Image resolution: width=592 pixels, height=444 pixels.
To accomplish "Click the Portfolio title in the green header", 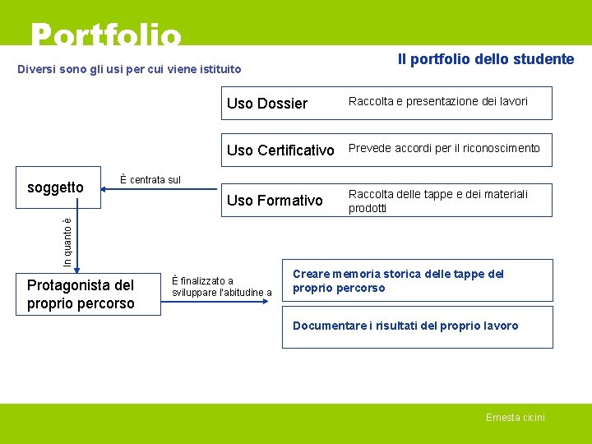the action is pyautogui.click(x=105, y=35).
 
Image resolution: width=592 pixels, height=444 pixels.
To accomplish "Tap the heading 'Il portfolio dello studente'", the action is pyautogui.click(x=485, y=59).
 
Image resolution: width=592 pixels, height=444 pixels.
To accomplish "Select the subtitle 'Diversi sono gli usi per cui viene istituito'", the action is pyautogui.click(x=130, y=69).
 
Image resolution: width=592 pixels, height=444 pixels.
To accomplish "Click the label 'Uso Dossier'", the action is pyautogui.click(x=266, y=104).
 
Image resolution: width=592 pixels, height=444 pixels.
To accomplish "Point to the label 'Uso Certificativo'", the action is pyautogui.click(x=280, y=150).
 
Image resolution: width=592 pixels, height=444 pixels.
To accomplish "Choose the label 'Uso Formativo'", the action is pyautogui.click(x=275, y=200).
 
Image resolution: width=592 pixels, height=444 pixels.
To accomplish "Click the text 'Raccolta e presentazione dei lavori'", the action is pyautogui.click(x=438, y=101).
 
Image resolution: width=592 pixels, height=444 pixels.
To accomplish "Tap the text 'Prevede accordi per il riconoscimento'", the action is pyautogui.click(x=444, y=149).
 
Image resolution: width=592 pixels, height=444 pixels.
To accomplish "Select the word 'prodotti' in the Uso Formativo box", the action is pyautogui.click(x=368, y=209).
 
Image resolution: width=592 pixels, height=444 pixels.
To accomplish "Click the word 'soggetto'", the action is pyautogui.click(x=55, y=187).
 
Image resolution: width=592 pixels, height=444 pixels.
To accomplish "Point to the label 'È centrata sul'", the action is pyautogui.click(x=150, y=179).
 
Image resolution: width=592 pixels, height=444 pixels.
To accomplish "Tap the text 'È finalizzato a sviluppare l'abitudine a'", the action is pyautogui.click(x=221, y=287).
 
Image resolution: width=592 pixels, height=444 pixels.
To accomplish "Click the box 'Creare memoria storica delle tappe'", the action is pyautogui.click(x=418, y=280).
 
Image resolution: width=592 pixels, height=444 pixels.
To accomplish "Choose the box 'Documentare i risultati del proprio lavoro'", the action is pyautogui.click(x=418, y=326).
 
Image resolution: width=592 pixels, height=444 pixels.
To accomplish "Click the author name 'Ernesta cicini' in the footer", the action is pyautogui.click(x=515, y=418).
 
